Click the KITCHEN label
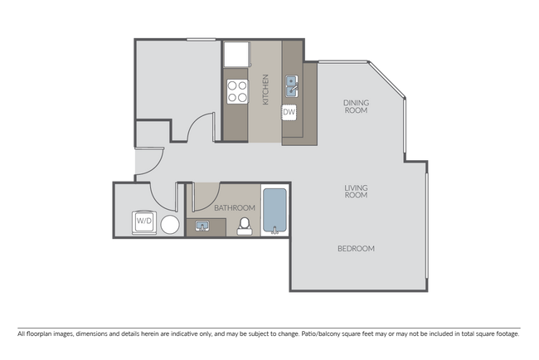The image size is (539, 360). tap(266, 90)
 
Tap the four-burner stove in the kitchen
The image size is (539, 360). tap(236, 90)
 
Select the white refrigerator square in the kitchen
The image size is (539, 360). tap(236, 54)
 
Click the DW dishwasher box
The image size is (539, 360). tap(290, 112)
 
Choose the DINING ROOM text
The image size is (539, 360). tap(356, 106)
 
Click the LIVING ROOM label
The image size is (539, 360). tap(356, 192)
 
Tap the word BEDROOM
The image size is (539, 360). tap(356, 248)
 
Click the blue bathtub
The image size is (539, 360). tap(274, 211)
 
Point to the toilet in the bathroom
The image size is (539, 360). tap(245, 226)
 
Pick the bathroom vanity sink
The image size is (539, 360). tap(202, 226)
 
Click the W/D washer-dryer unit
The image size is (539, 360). tap(144, 221)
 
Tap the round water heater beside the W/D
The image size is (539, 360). tap(170, 225)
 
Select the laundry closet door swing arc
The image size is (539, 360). tap(161, 199)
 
